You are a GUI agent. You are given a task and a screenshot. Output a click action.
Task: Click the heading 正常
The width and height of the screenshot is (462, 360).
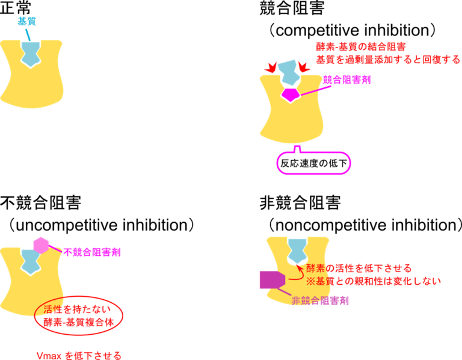point(15,8)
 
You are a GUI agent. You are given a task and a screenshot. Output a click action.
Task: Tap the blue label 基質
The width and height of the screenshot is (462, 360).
point(27,21)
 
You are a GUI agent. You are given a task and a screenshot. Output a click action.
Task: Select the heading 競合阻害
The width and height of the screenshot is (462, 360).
point(292,8)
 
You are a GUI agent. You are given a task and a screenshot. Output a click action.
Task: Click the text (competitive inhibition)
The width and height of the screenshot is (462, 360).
point(353,30)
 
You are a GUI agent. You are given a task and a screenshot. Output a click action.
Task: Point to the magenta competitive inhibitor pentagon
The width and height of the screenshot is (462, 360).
point(291,95)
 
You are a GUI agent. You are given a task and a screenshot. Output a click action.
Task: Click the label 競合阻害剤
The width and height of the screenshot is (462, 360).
point(346,79)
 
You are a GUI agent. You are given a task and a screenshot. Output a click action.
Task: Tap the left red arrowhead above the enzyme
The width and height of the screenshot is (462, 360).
point(271,67)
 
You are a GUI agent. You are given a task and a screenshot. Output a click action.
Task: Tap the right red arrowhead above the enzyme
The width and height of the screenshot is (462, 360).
point(304,67)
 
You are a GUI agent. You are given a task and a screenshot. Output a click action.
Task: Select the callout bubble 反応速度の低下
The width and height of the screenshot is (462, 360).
point(313,163)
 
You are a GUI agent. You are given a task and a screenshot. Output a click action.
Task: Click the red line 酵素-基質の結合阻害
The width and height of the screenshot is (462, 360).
point(361,46)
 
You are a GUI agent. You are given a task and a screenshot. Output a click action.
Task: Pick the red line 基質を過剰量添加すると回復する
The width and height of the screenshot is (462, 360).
point(388,60)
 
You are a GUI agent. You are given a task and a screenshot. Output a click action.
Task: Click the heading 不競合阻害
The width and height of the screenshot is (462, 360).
point(41,202)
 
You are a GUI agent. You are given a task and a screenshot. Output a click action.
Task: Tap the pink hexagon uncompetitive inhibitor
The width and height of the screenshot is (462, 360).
point(41,245)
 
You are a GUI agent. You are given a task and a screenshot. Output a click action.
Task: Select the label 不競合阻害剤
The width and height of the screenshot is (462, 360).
point(92,252)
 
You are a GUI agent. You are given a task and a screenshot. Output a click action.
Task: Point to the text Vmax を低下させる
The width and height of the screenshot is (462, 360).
point(79,355)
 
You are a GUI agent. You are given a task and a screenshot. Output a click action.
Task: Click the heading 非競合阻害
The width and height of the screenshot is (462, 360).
point(300,202)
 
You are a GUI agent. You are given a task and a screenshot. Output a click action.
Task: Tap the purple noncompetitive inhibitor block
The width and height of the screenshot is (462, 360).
point(273,280)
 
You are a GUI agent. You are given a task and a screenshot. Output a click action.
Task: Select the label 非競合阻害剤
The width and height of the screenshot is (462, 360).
point(320,300)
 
